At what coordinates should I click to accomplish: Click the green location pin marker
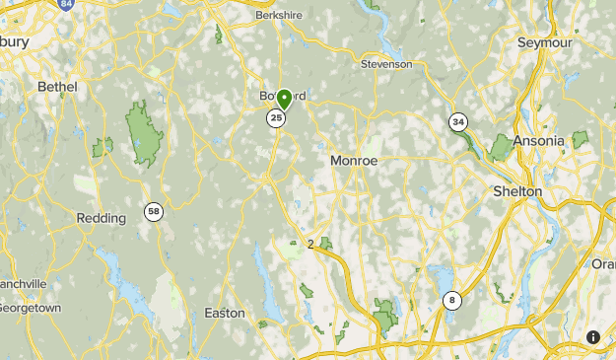click(284, 98)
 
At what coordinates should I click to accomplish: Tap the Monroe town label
click(354, 160)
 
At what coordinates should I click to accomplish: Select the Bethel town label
click(57, 87)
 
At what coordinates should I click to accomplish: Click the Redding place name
click(102, 218)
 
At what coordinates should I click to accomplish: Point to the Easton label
click(224, 313)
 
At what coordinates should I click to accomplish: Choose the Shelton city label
click(517, 191)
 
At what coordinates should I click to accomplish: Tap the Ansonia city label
click(538, 141)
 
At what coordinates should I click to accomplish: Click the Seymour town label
click(546, 42)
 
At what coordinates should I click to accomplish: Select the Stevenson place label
click(386, 64)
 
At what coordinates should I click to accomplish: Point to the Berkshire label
click(278, 17)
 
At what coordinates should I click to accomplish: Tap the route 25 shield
click(276, 118)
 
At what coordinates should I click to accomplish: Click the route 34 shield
click(457, 122)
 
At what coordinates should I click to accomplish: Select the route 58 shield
click(153, 211)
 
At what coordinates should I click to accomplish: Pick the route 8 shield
click(452, 301)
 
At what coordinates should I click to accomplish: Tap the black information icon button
click(593, 337)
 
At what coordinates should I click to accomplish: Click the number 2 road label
click(310, 244)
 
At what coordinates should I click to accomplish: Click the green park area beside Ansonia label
click(501, 147)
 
